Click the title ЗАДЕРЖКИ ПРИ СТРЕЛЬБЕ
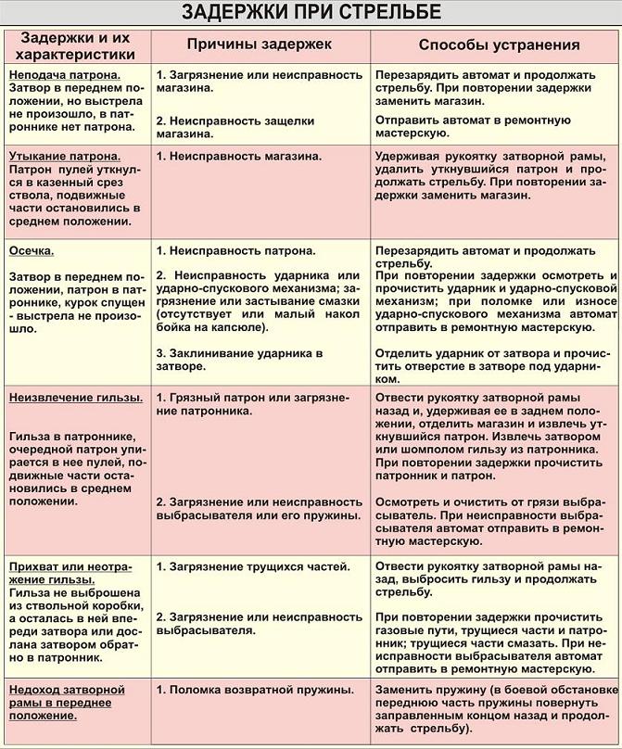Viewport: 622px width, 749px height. click(x=311, y=12)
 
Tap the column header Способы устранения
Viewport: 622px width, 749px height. click(x=499, y=44)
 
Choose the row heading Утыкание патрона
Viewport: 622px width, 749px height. click(x=63, y=157)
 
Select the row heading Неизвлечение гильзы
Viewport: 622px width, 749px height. click(x=75, y=397)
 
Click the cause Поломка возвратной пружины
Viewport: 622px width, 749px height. click(x=255, y=690)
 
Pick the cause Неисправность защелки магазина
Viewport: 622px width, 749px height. click(x=235, y=127)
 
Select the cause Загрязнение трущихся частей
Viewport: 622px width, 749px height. click(x=252, y=565)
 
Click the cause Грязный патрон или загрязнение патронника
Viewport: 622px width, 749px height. click(x=252, y=403)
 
